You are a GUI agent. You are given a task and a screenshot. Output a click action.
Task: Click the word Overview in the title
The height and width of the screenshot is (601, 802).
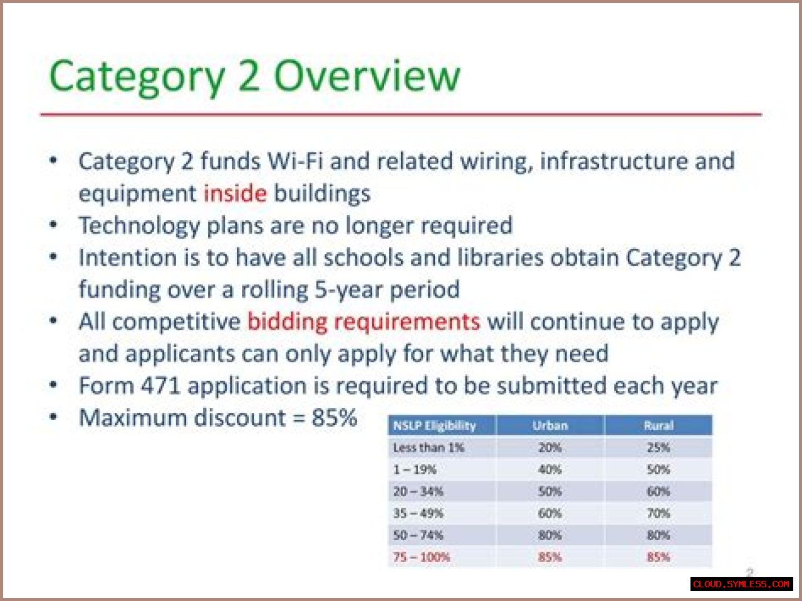pyautogui.click(x=367, y=76)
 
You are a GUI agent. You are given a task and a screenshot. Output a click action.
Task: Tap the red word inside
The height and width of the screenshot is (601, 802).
pyautogui.click(x=235, y=193)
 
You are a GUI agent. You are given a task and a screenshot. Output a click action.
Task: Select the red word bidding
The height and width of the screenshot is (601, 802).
pyautogui.click(x=287, y=323)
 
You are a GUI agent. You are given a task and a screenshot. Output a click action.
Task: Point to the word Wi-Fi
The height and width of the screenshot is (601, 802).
pyautogui.click(x=295, y=161)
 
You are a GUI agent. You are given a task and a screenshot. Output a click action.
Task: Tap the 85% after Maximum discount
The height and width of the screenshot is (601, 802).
pyautogui.click(x=335, y=417)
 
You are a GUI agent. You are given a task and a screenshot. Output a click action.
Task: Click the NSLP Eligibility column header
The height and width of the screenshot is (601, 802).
pyautogui.click(x=434, y=426)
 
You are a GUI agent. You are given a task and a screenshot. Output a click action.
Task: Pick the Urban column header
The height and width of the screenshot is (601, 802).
pyautogui.click(x=550, y=426)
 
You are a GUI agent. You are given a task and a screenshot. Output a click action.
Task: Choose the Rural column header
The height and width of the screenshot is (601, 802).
pyautogui.click(x=658, y=426)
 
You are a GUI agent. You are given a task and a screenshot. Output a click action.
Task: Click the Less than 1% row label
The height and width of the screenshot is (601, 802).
pyautogui.click(x=429, y=447)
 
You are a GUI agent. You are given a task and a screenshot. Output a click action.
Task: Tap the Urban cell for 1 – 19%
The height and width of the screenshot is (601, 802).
pyautogui.click(x=550, y=469)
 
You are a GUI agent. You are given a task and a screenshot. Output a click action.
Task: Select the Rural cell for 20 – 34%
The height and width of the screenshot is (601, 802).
pyautogui.click(x=658, y=491)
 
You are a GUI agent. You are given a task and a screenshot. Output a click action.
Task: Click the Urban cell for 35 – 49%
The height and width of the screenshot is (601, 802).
pyautogui.click(x=550, y=513)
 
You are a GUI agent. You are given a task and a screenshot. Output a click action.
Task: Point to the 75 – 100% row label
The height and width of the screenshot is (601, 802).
pyautogui.click(x=422, y=557)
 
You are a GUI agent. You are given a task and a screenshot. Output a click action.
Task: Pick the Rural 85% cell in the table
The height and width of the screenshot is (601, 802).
pyautogui.click(x=658, y=557)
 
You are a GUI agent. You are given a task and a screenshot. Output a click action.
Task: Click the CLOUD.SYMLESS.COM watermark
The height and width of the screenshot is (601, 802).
pyautogui.click(x=741, y=584)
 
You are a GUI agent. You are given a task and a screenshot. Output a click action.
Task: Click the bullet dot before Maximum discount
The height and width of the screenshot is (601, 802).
pyautogui.click(x=53, y=417)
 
